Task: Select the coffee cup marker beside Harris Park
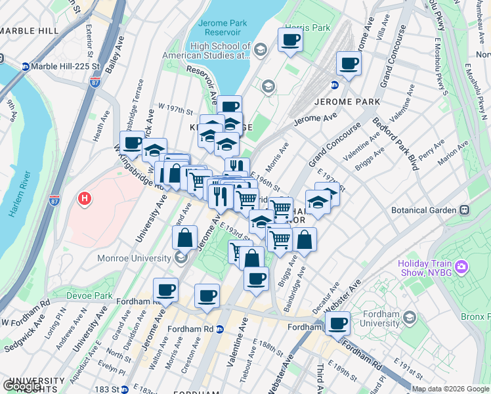(289, 40)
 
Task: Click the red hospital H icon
(84, 197)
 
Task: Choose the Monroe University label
(134, 258)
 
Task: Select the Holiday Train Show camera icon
(461, 266)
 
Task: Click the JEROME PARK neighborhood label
(347, 102)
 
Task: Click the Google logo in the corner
(22, 387)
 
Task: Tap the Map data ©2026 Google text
(450, 389)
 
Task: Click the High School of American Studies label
(220, 51)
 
